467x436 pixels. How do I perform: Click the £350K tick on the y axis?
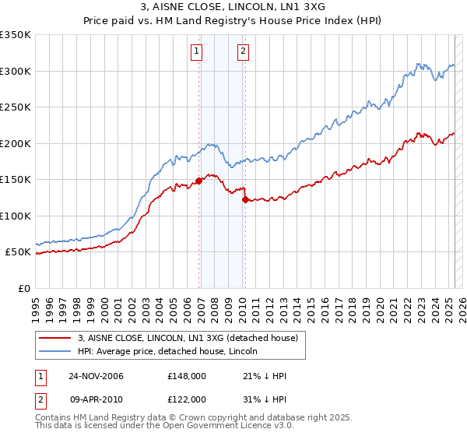tap(16, 35)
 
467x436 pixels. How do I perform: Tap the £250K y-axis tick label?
tap(16, 107)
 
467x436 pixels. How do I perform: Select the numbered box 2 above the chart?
tap(243, 52)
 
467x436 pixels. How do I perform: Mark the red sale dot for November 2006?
tap(198, 181)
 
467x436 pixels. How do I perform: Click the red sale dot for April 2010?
tap(245, 200)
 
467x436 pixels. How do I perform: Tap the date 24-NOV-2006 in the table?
tap(96, 376)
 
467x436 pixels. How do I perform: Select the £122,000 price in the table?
tap(186, 398)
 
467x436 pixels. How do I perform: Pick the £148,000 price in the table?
tap(186, 376)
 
